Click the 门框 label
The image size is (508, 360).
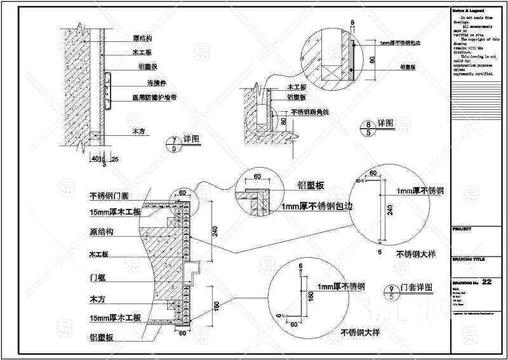97,277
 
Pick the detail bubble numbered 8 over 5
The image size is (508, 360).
368,128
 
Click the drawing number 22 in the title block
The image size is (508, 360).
487,281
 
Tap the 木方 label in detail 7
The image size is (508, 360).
139,131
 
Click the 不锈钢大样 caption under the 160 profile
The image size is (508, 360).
359,332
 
